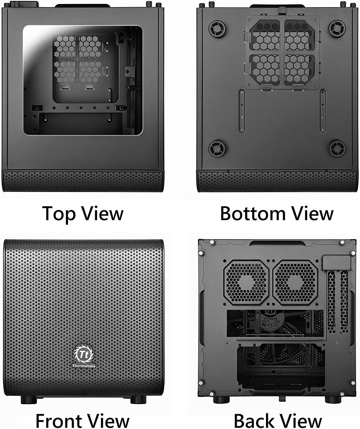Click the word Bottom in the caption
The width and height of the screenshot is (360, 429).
(x=248, y=213)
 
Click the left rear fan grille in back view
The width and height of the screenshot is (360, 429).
(x=246, y=282)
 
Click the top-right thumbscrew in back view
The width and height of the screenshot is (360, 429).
(x=342, y=243)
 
